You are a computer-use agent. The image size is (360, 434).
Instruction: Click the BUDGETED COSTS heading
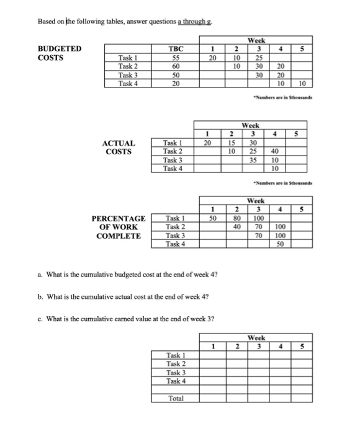point(60,51)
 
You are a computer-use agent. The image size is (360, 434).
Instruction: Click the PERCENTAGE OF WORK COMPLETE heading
point(119,227)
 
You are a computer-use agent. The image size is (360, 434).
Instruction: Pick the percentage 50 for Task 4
point(279,244)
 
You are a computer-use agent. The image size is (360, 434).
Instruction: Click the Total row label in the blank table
point(176,398)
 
